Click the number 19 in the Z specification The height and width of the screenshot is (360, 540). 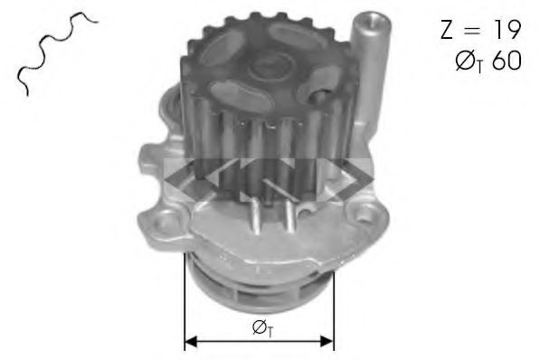click(507, 30)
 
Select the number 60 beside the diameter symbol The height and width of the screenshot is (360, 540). click(507, 61)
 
